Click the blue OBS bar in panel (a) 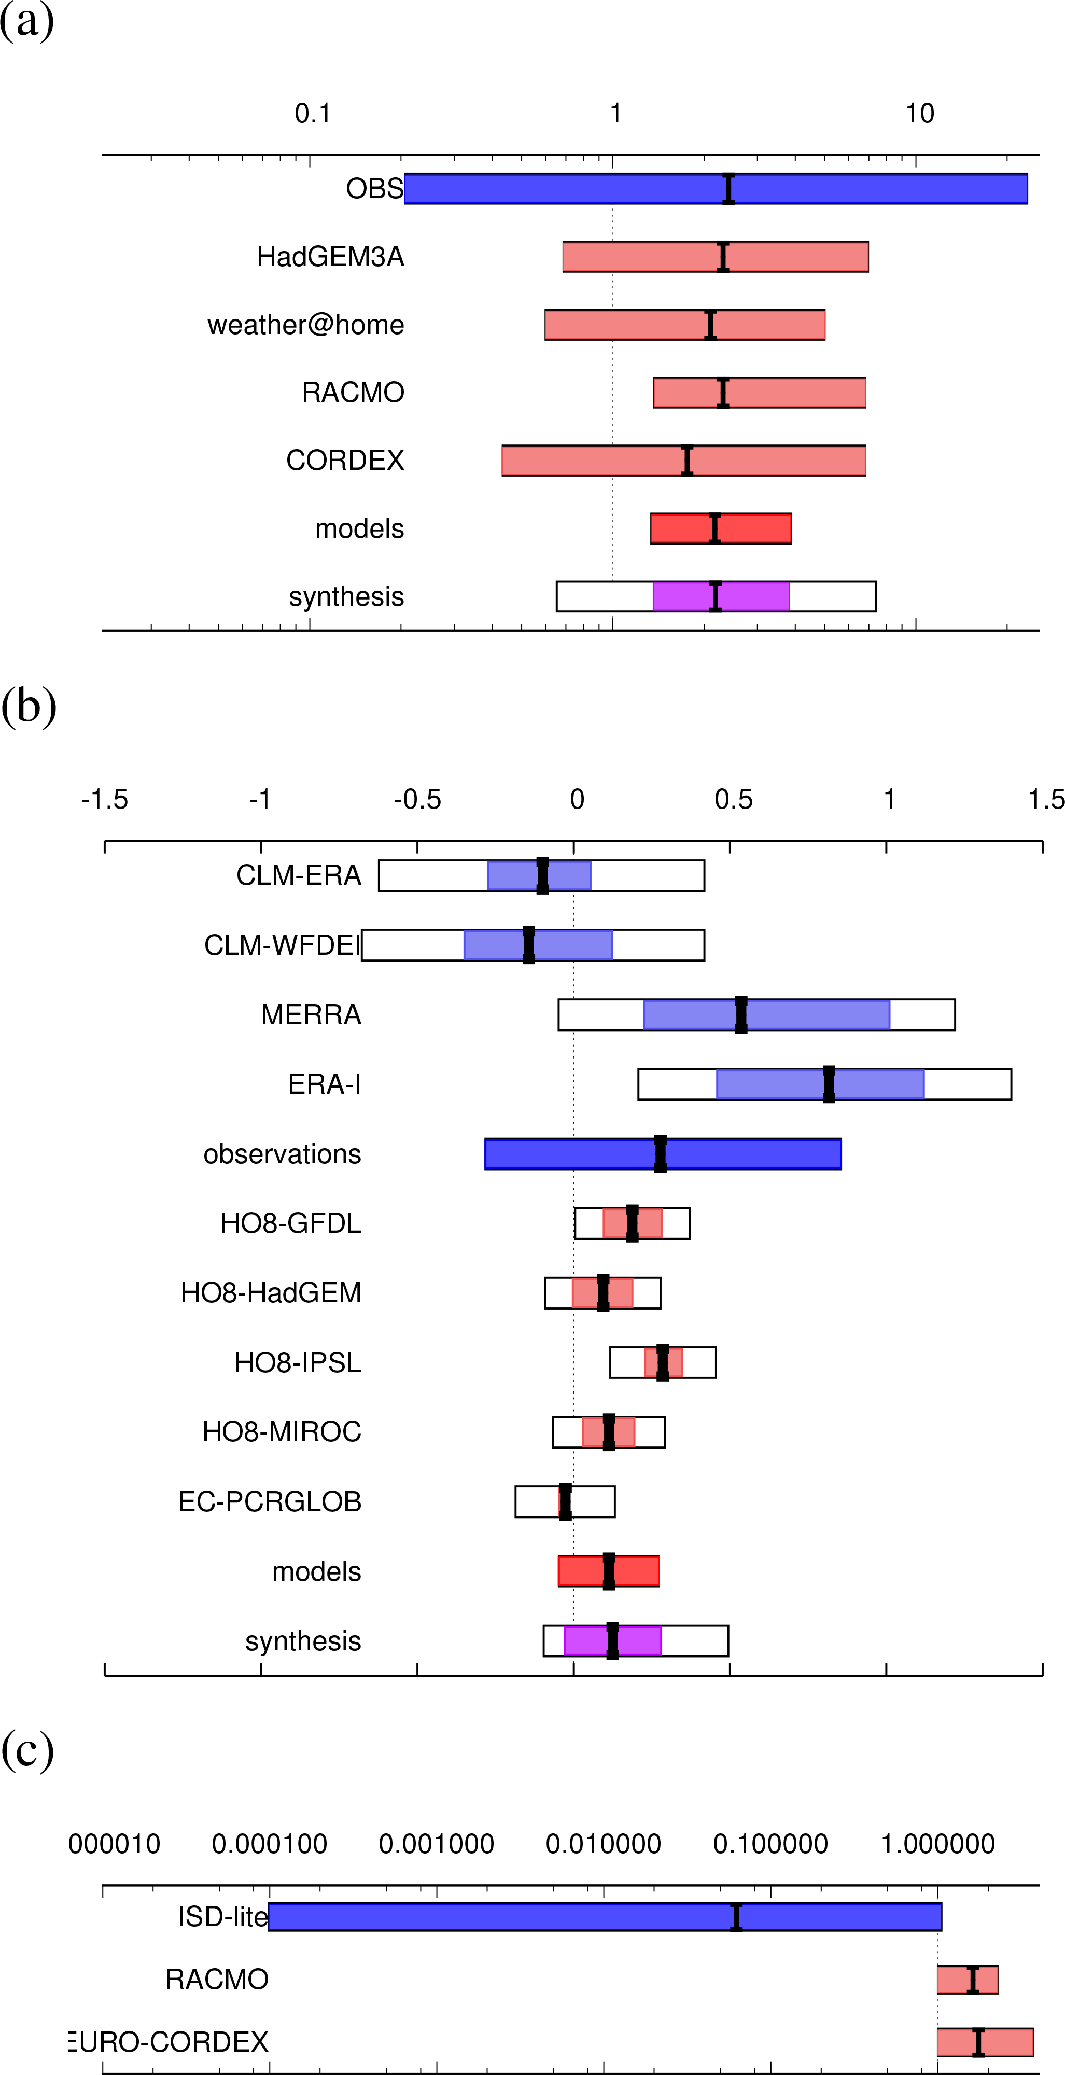coord(564,188)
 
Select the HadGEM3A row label coord(330,257)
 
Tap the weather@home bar coord(628,325)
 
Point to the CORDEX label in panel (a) coord(345,461)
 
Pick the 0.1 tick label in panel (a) coord(313,114)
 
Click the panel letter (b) coord(29,706)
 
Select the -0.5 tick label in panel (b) coord(417,800)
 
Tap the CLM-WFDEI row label coord(282,945)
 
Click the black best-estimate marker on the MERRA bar coord(741,1015)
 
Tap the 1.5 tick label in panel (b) coord(1046,800)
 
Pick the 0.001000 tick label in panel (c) coord(436,1844)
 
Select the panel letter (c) coord(28,1750)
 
